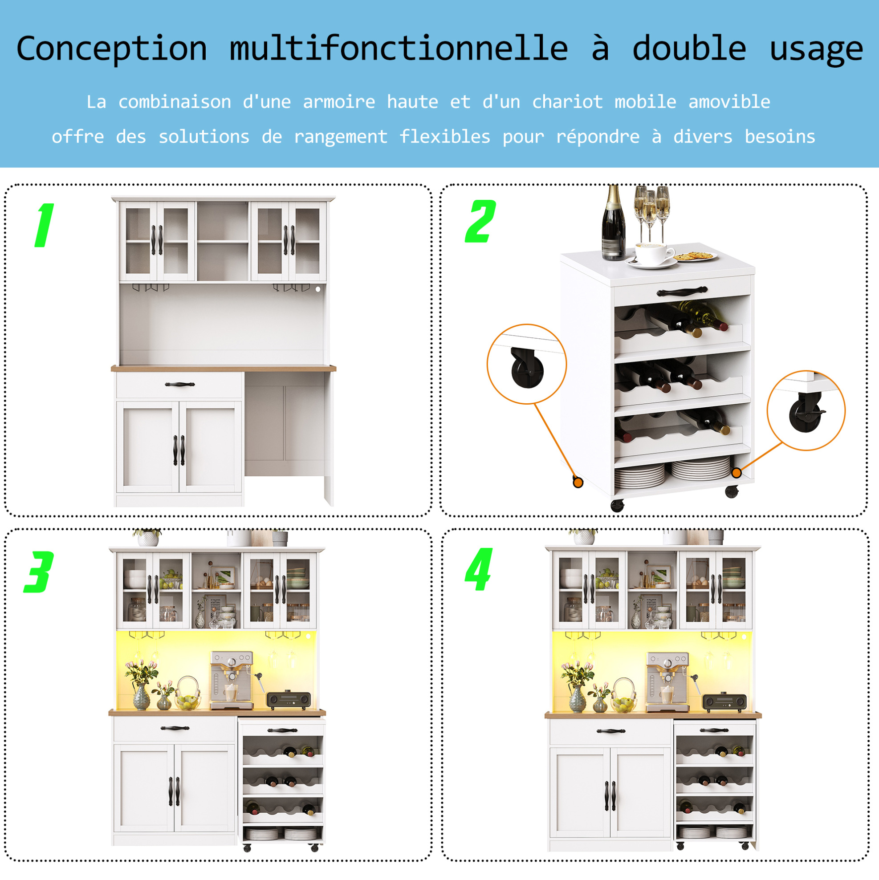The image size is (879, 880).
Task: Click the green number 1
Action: click(x=45, y=225)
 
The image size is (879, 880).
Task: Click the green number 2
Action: click(x=480, y=221)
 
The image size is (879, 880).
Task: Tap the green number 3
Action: click(x=39, y=572)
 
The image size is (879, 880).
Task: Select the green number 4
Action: click(x=478, y=569)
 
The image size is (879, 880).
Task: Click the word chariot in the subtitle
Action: click(x=567, y=101)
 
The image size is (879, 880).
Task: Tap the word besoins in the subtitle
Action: click(x=780, y=137)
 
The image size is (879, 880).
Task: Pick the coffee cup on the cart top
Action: click(x=654, y=254)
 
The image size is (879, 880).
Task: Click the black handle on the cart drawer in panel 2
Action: click(x=682, y=291)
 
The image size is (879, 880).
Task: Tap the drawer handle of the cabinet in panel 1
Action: click(x=179, y=385)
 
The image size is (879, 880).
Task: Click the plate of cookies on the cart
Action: click(x=695, y=256)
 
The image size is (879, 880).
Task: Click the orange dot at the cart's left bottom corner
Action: click(x=578, y=483)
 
